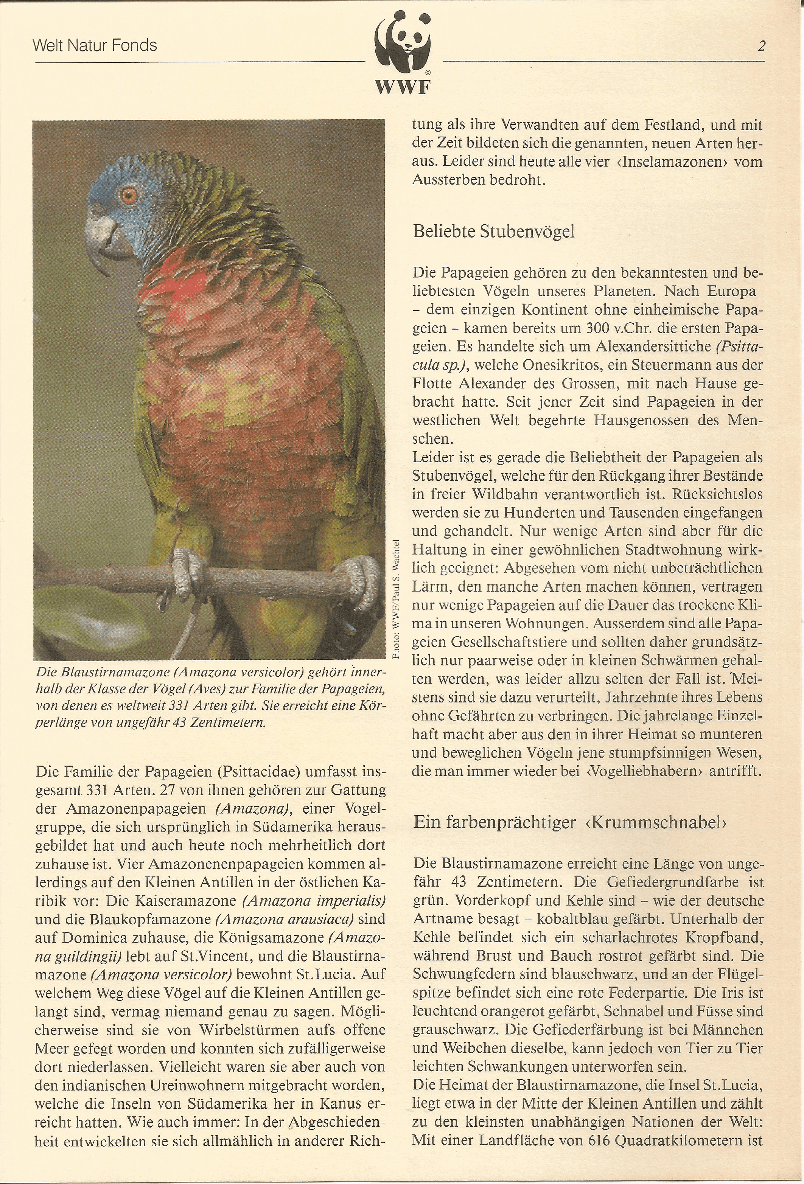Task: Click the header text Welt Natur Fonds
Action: click(95, 46)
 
